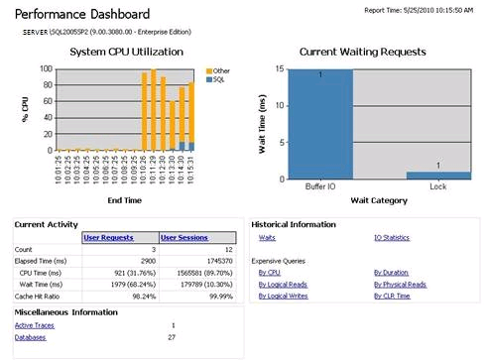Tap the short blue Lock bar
click(x=438, y=175)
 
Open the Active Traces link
click(x=36, y=325)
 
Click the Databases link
click(x=30, y=338)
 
